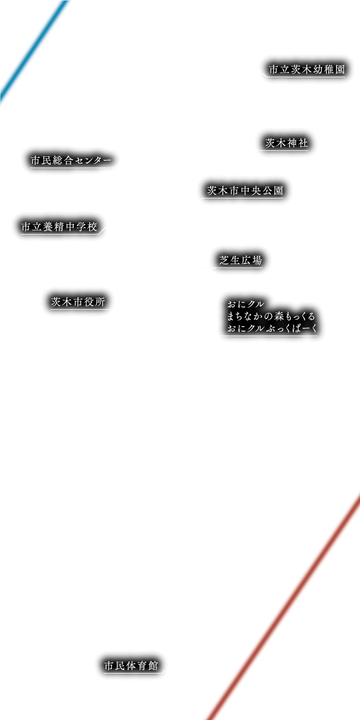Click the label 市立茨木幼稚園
(x=307, y=70)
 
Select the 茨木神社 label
(x=287, y=144)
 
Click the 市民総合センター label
(x=71, y=161)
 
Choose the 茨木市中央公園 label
(x=245, y=191)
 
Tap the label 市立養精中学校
(x=60, y=227)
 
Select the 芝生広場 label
(x=241, y=261)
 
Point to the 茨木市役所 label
(x=78, y=302)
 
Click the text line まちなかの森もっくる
(x=271, y=316)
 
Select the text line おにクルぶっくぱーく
(x=272, y=329)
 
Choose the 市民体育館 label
(x=131, y=666)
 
